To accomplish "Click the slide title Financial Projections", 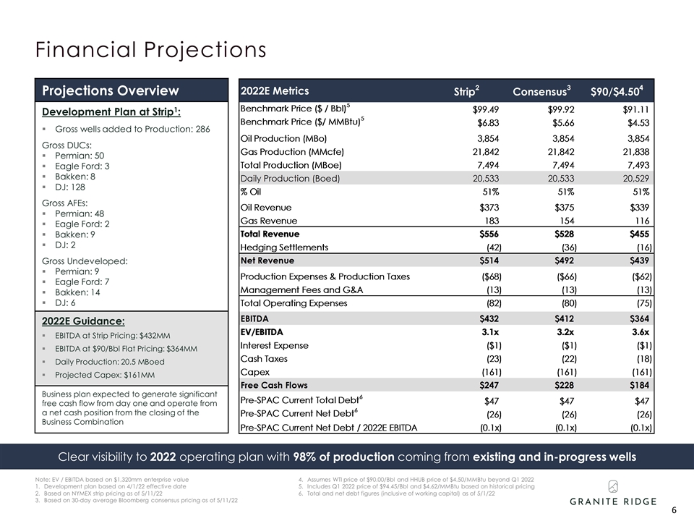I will (151, 50).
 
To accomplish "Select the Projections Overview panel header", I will (110, 90).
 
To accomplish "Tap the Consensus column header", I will (541, 91).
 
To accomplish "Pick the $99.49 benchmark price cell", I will (485, 109).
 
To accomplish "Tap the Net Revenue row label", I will (267, 260).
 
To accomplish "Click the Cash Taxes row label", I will (264, 359).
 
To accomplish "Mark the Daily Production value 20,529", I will (634, 178).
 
